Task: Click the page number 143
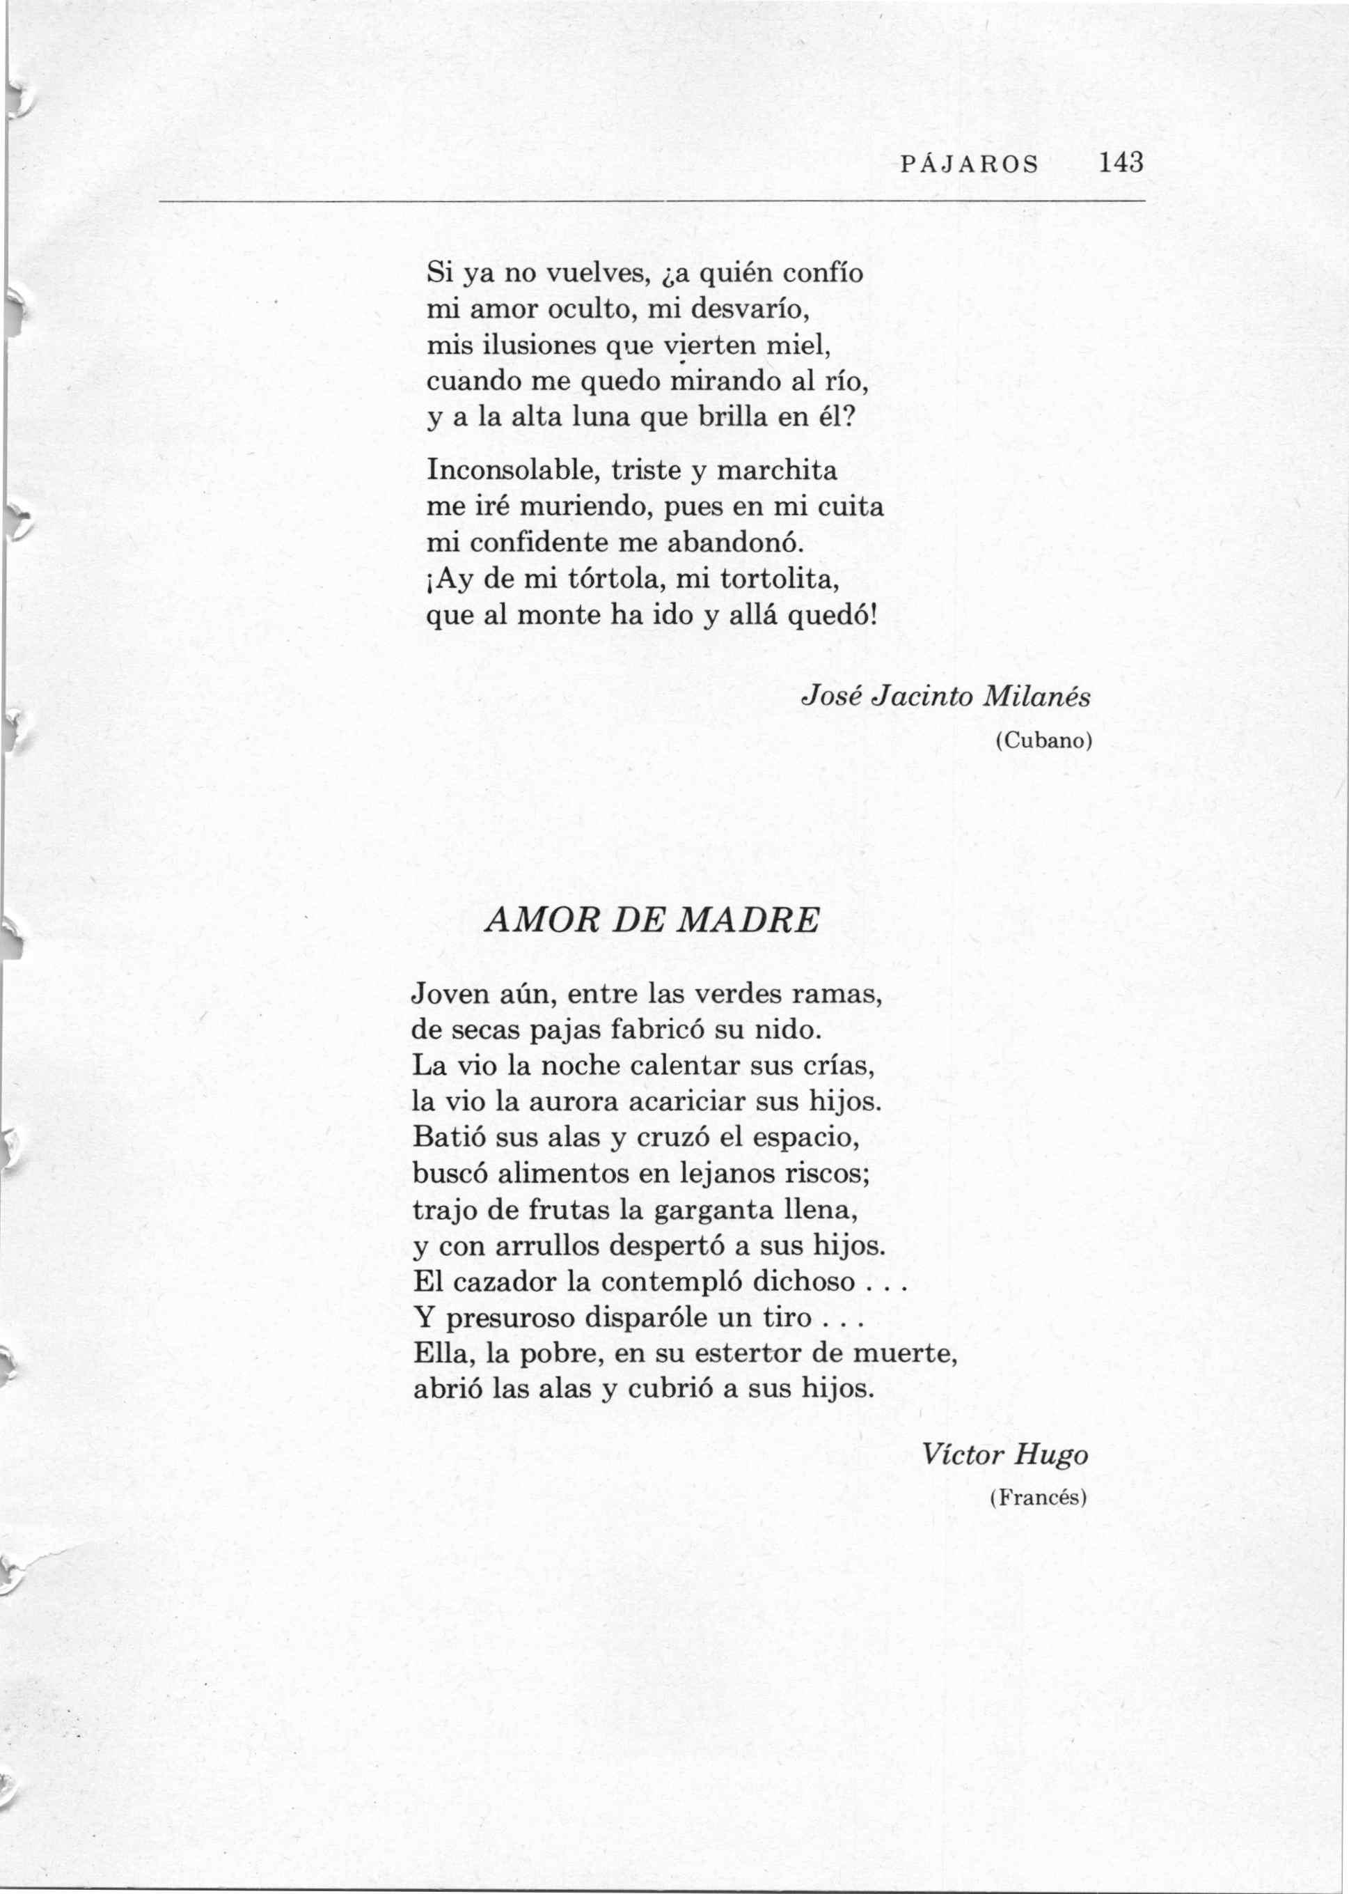1121,162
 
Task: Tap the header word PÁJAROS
970,164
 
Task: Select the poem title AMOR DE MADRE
652,920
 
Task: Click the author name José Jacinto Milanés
945,697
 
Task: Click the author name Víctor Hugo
1005,1454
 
